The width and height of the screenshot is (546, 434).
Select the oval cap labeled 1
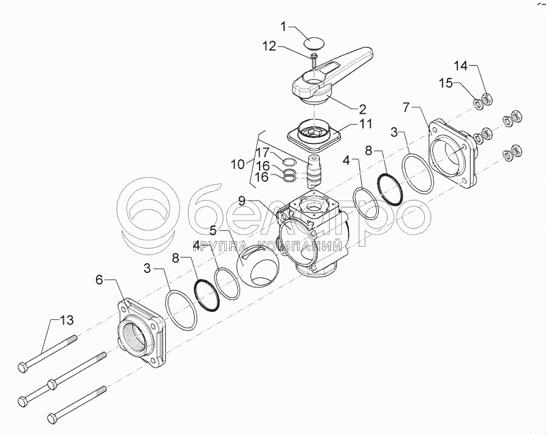point(314,42)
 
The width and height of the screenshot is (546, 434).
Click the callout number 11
point(365,124)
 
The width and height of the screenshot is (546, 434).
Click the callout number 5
point(213,231)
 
